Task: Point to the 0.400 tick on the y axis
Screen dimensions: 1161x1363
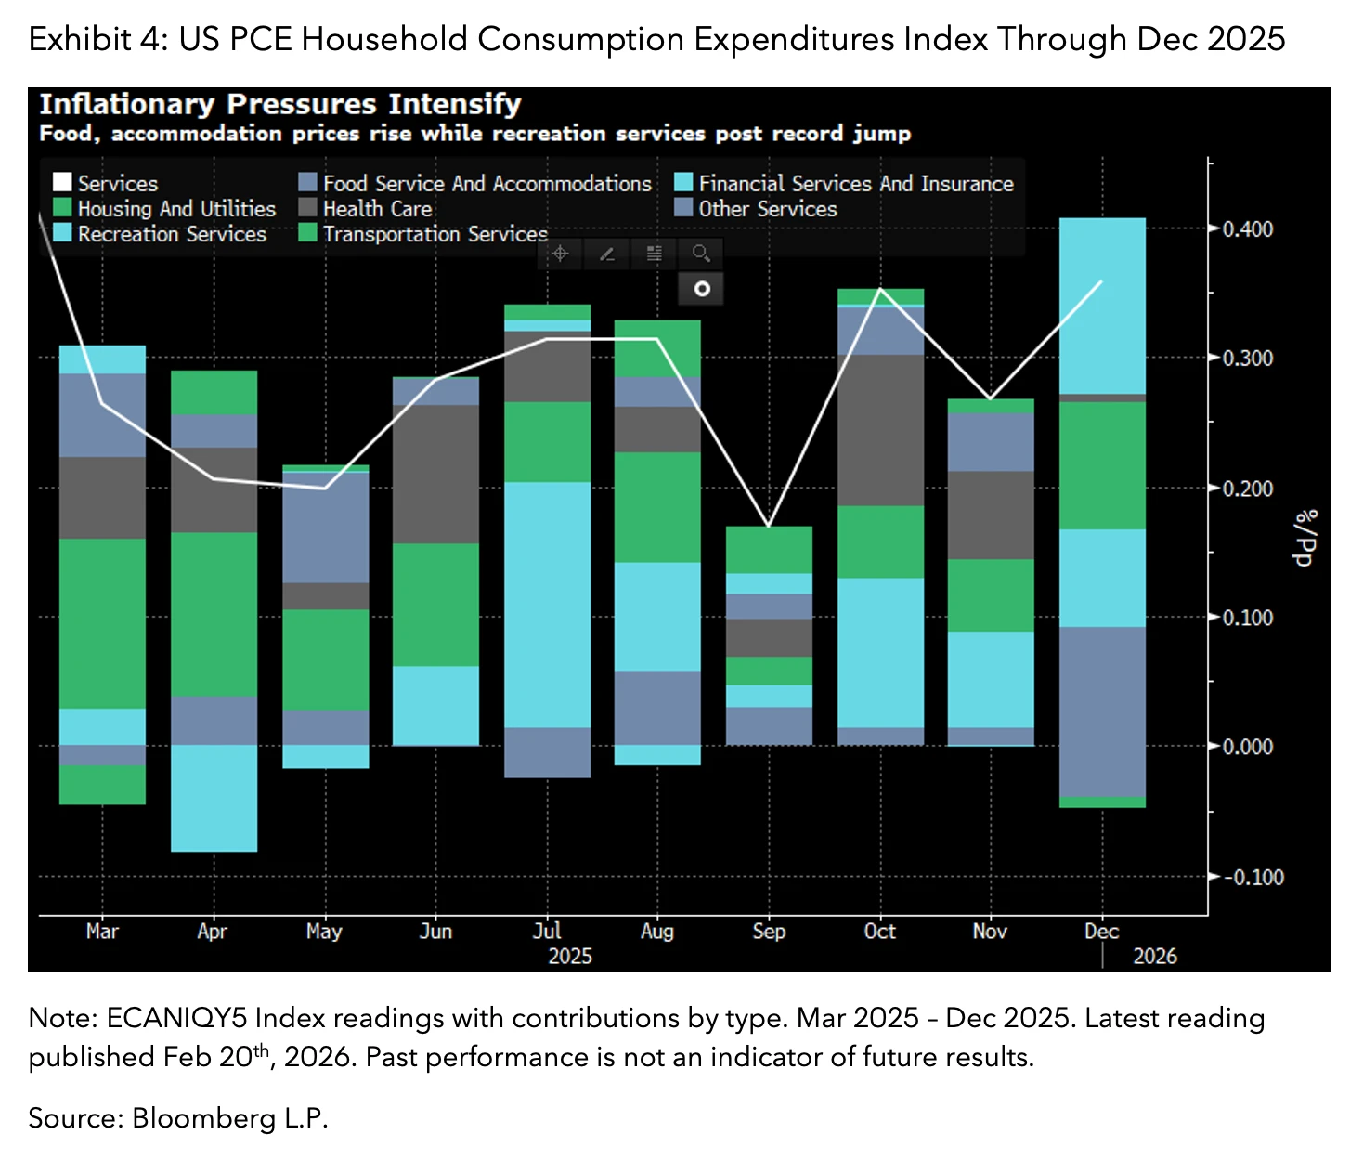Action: coord(1247,229)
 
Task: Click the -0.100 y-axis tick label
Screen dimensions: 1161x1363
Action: coord(1253,877)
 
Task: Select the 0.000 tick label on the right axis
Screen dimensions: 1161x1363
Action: coord(1247,747)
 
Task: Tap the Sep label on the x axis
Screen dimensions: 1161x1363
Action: coord(769,931)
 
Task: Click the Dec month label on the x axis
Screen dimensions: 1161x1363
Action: coord(1101,931)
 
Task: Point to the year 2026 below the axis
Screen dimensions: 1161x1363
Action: coord(1154,956)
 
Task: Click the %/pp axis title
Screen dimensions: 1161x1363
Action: coord(1305,539)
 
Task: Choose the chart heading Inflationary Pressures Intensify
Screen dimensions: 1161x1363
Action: coord(279,104)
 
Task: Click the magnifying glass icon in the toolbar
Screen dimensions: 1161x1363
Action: coord(702,253)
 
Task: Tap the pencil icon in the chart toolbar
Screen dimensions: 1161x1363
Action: coord(607,253)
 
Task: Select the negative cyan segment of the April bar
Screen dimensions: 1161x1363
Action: coord(214,798)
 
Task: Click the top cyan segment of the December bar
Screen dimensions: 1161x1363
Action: coord(1102,306)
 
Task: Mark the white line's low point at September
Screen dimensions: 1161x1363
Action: coord(769,527)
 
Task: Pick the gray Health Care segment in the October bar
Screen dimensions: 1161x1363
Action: coord(880,430)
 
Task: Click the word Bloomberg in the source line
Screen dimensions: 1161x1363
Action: coord(203,1118)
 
